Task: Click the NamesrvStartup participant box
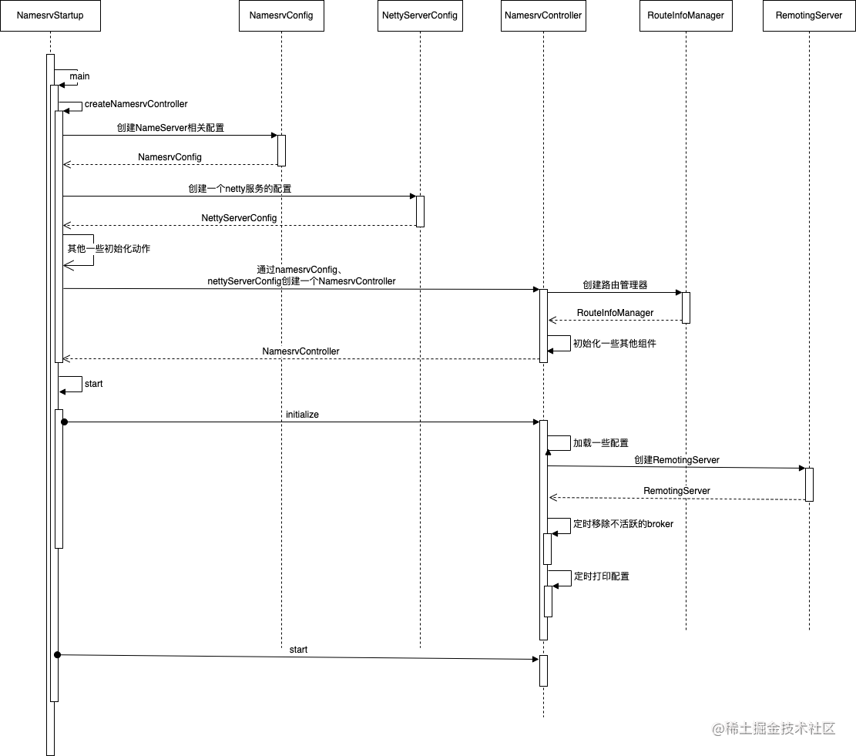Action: point(49,15)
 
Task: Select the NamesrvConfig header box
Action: point(281,15)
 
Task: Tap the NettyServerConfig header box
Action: point(420,15)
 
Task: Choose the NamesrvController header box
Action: point(542,15)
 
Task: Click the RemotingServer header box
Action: point(809,15)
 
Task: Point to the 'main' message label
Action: point(79,76)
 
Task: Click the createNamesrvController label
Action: point(136,104)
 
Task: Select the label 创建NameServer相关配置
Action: point(170,128)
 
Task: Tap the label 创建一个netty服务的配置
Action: point(240,188)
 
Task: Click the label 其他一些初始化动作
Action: point(109,249)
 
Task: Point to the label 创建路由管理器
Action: point(615,284)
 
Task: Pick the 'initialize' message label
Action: point(302,415)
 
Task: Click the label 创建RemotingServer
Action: point(676,460)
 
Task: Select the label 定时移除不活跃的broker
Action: point(623,524)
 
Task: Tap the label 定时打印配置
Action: point(601,576)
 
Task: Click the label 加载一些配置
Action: point(601,443)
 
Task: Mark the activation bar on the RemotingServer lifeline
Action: point(809,484)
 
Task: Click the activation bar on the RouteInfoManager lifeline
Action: point(686,307)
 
